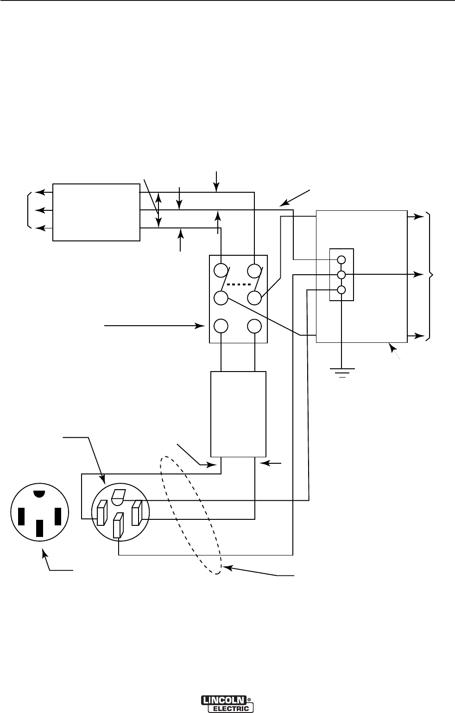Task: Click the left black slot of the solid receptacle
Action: tap(21, 516)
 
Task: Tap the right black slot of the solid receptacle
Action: tap(58, 516)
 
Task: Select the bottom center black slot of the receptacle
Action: tap(40, 528)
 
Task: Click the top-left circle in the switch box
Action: tap(221, 271)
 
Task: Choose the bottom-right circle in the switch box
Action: tap(254, 326)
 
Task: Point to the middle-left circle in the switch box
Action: tap(221, 298)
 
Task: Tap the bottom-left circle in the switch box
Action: tap(221, 326)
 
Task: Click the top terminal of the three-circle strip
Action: tap(341, 259)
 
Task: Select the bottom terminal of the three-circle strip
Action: tap(341, 290)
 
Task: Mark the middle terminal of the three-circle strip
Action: tap(341, 275)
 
